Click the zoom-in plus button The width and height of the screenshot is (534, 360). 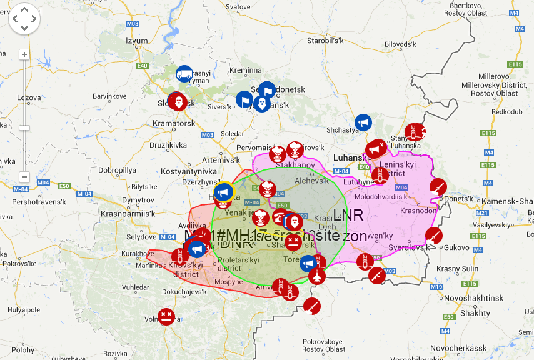click(x=24, y=54)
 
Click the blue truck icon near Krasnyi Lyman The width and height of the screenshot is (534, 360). click(x=184, y=74)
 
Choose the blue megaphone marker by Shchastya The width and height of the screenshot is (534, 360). click(x=363, y=122)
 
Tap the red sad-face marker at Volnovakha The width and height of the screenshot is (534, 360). click(x=166, y=316)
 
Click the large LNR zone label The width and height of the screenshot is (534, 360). click(x=348, y=216)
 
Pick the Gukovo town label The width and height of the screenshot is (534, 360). click(x=456, y=247)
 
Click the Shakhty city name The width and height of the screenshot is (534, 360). click(x=478, y=312)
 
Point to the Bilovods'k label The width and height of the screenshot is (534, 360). click(x=400, y=45)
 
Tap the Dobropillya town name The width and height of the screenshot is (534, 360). click(x=117, y=170)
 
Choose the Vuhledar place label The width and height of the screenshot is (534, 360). click(x=136, y=287)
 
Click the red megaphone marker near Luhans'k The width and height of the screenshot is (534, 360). click(x=376, y=148)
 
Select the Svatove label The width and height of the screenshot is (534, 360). click(x=238, y=6)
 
